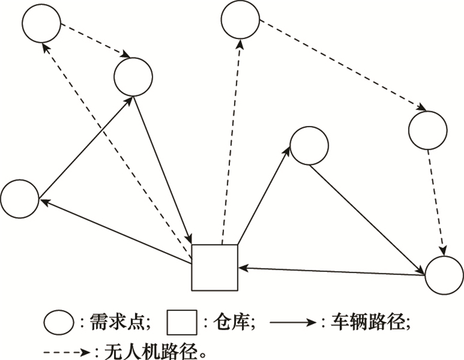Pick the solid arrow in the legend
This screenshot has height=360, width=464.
[293, 322]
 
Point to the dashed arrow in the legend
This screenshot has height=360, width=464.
[67, 352]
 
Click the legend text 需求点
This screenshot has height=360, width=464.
[117, 322]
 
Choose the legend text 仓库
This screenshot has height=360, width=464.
[231, 322]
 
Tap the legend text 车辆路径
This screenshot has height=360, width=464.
[367, 322]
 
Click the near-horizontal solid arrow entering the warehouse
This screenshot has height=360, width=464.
[331, 271]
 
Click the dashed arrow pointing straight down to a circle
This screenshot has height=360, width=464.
[436, 202]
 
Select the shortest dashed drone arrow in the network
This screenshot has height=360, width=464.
[95, 41]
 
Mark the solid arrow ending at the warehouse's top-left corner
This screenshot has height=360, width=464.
[163, 169]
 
